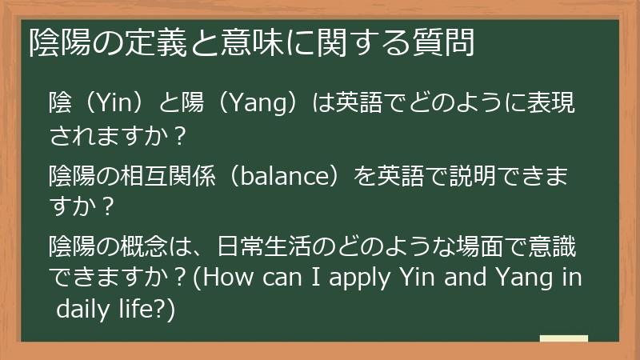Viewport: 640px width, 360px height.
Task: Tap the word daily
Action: [82, 307]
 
